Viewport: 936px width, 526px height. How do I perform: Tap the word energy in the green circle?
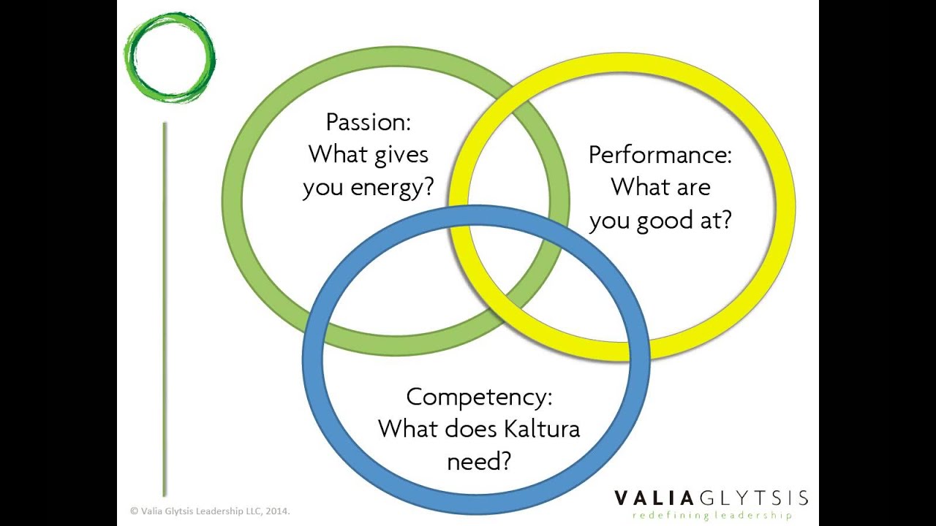click(393, 188)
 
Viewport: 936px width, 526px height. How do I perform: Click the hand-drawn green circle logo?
click(170, 57)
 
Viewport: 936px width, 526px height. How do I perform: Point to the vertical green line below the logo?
click(165, 307)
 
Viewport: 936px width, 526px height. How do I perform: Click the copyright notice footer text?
click(210, 512)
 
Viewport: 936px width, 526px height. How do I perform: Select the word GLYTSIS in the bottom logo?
click(754, 499)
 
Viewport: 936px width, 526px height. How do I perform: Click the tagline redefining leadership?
click(712, 516)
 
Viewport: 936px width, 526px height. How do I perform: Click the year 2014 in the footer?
click(278, 512)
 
